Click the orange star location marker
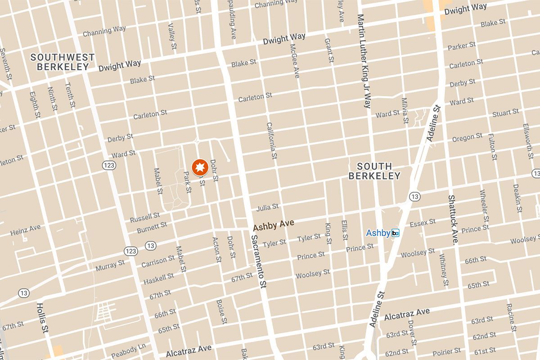tap(199, 167)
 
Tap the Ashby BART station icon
tap(396, 233)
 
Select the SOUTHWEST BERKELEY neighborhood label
tap(63, 62)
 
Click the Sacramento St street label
tap(259, 261)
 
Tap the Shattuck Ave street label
tap(452, 219)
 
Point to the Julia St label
tap(267, 207)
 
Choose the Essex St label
tap(423, 223)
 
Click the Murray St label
tap(110, 265)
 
